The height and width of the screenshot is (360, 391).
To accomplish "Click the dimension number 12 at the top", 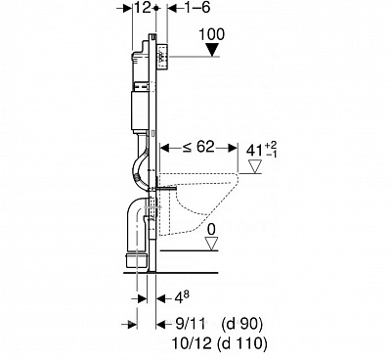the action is coord(144,8).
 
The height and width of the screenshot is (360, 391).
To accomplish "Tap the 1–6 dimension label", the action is coord(195,8).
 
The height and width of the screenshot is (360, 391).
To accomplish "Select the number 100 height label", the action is coord(211,34).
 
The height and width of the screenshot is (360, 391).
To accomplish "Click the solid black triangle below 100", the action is coord(212,50).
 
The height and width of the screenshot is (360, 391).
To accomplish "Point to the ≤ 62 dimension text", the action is coord(198,148).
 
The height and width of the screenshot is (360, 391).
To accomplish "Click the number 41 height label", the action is coord(254,151).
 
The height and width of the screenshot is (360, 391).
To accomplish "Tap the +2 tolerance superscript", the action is coord(271,145).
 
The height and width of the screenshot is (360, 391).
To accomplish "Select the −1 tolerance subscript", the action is coord(271,155).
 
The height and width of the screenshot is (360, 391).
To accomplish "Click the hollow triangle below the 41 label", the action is coord(255,166).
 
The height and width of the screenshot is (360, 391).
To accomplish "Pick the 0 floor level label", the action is coord(211,230).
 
